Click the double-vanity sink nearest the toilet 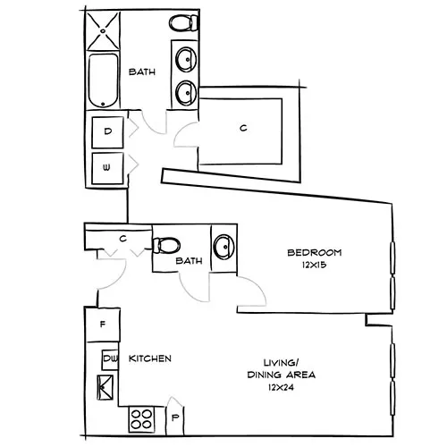[187, 60]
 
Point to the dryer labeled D [108, 132]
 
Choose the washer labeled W [108, 167]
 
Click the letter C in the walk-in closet [242, 128]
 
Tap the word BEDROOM [315, 251]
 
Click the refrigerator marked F [104, 324]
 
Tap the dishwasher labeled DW [110, 358]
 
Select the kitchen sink [108, 387]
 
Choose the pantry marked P [175, 417]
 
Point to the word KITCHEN [150, 358]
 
